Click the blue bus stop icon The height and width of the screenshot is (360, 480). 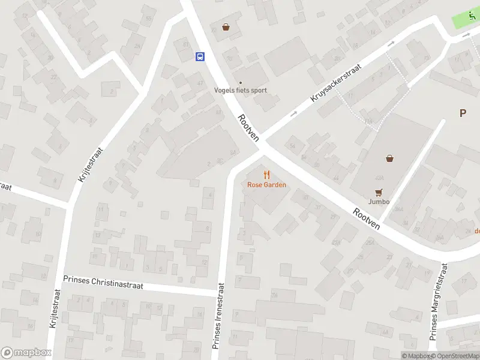click(x=199, y=56)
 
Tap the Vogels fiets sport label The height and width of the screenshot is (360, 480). click(x=241, y=91)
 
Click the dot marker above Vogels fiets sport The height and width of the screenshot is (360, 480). click(x=241, y=83)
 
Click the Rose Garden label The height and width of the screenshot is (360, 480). click(x=266, y=185)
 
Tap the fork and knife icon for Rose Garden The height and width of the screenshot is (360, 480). click(x=267, y=175)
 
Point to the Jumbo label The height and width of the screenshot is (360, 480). click(x=379, y=202)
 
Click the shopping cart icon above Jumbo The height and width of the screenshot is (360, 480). click(x=379, y=192)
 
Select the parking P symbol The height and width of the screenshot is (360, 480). click(x=463, y=113)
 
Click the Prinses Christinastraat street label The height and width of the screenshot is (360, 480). click(x=103, y=283)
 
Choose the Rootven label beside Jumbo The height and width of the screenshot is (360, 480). click(x=367, y=219)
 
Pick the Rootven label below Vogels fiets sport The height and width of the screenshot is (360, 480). click(x=248, y=128)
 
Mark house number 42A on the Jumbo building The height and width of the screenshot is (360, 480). click(x=379, y=178)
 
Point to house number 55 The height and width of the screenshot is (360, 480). click(x=148, y=19)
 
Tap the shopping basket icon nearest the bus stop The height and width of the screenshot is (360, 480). click(x=226, y=26)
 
